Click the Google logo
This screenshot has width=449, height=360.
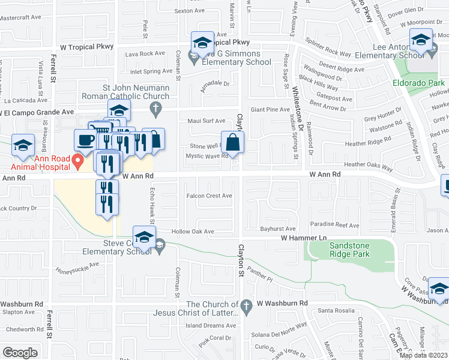pyautogui.click(x=20, y=353)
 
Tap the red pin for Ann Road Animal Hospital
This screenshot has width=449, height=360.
pyautogui.click(x=77, y=161)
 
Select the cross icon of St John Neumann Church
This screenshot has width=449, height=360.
pyautogui.click(x=155, y=108)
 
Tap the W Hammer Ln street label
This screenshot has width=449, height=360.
pyautogui.click(x=303, y=238)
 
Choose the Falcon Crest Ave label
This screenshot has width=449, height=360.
pyautogui.click(x=209, y=196)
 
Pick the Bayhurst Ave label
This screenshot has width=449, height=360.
pyautogui.click(x=278, y=229)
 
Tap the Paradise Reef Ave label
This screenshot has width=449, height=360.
pyautogui.click(x=335, y=226)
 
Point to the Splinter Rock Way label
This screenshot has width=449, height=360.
pyautogui.click(x=328, y=48)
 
